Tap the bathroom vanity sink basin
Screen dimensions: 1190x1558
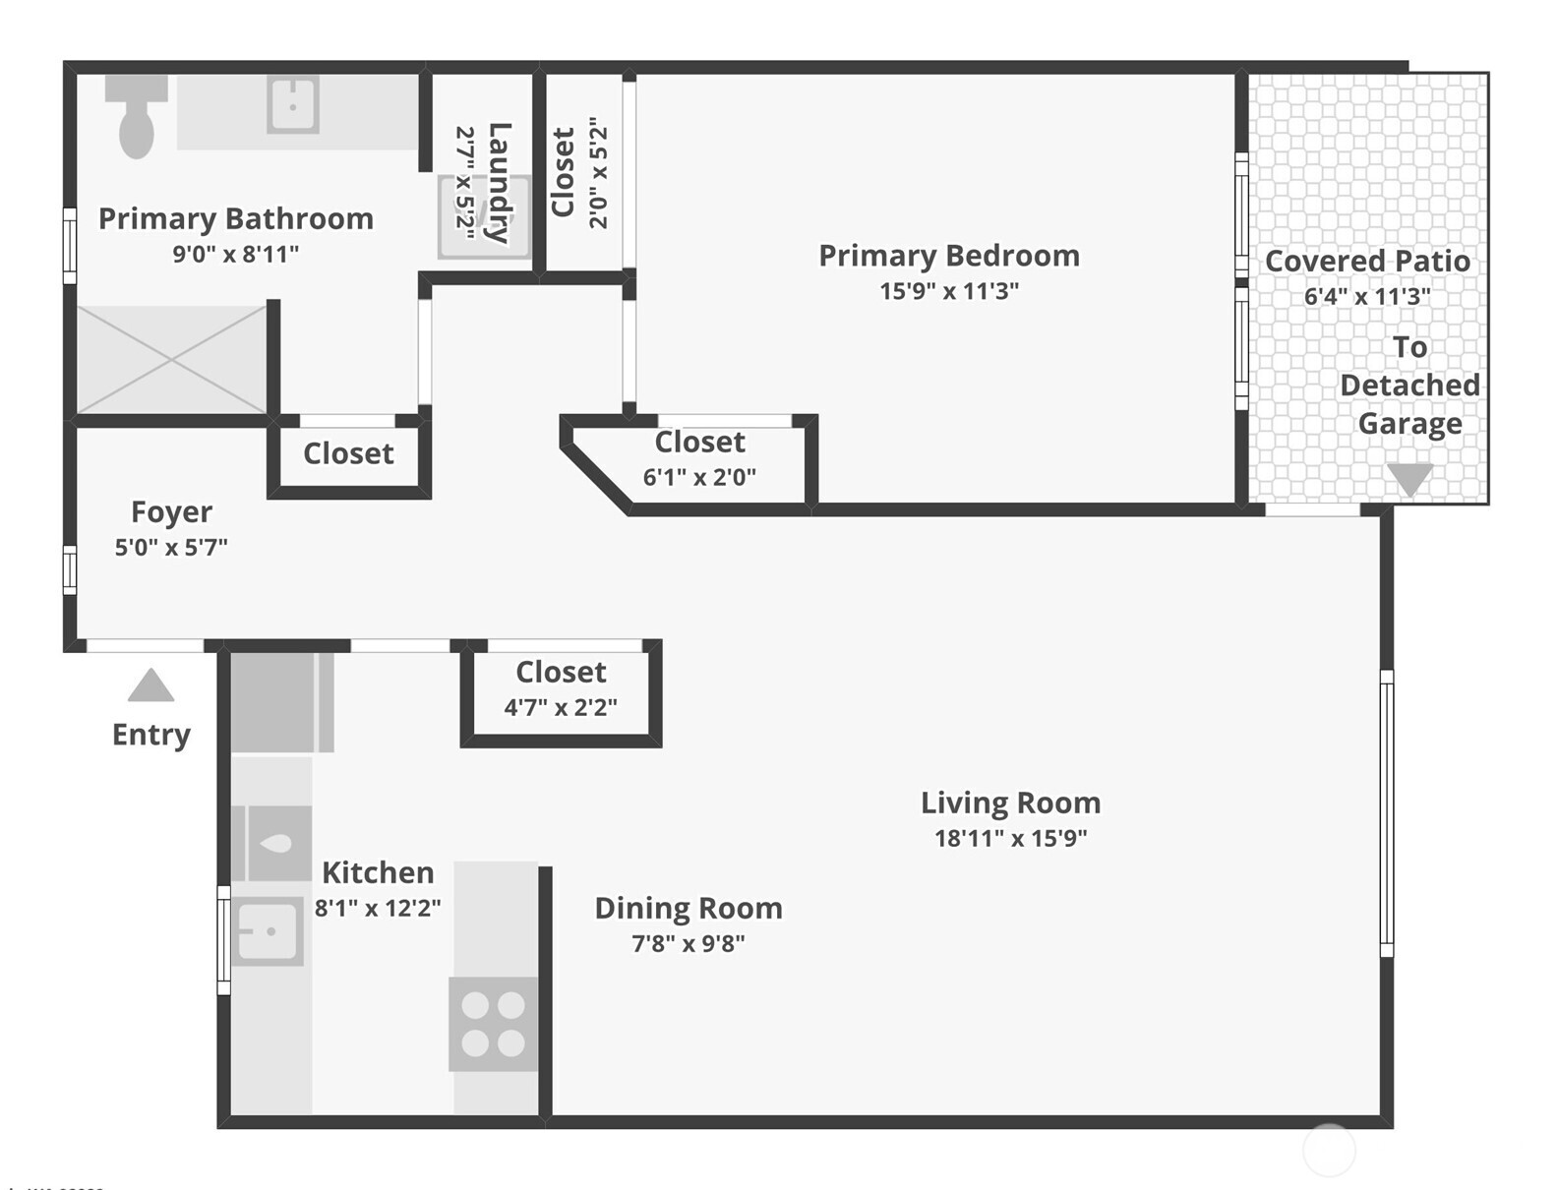click(293, 104)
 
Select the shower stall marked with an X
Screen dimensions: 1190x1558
click(171, 360)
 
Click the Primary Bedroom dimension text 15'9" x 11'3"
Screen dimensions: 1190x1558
click(948, 291)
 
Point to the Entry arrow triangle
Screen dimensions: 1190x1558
click(150, 685)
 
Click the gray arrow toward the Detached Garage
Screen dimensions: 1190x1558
click(1409, 479)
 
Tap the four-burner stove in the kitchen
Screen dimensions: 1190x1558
click(493, 1024)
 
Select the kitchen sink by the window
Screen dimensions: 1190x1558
click(269, 930)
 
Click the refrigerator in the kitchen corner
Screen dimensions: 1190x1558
click(281, 702)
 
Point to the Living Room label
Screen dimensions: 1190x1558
click(1010, 803)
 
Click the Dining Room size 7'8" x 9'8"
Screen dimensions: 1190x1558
click(688, 944)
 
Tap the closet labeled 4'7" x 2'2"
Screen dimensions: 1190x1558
click(561, 688)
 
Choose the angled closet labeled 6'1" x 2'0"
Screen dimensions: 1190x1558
click(699, 458)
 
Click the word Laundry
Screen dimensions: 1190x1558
click(499, 183)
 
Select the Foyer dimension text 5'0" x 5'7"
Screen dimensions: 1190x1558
click(171, 548)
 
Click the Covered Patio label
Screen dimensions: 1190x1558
click(1367, 261)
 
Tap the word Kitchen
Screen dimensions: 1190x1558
click(378, 872)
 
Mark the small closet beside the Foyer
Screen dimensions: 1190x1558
click(348, 453)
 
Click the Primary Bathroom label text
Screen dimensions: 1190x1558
click(236, 218)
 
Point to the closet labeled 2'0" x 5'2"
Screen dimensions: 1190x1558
click(580, 172)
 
